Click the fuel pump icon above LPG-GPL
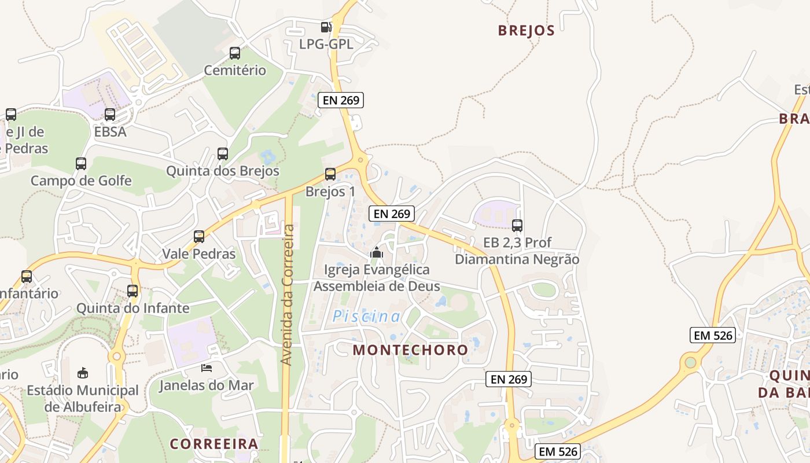point(326,27)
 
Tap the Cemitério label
point(235,71)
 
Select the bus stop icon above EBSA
point(110,115)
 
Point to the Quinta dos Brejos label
point(223,171)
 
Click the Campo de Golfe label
point(81,181)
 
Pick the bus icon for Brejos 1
point(330,174)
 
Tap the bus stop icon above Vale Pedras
point(199,236)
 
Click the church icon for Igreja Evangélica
point(377,252)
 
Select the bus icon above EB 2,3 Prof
point(517,226)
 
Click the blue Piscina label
point(367,317)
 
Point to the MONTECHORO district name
point(410,350)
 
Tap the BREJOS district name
point(526,31)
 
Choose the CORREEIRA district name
point(214,444)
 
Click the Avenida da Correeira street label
point(288,295)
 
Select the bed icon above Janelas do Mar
point(207,368)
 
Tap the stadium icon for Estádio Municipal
point(83,372)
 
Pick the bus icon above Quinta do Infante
point(132,291)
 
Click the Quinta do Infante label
point(133,308)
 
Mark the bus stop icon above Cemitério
point(235,53)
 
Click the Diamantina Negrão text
point(517,259)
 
